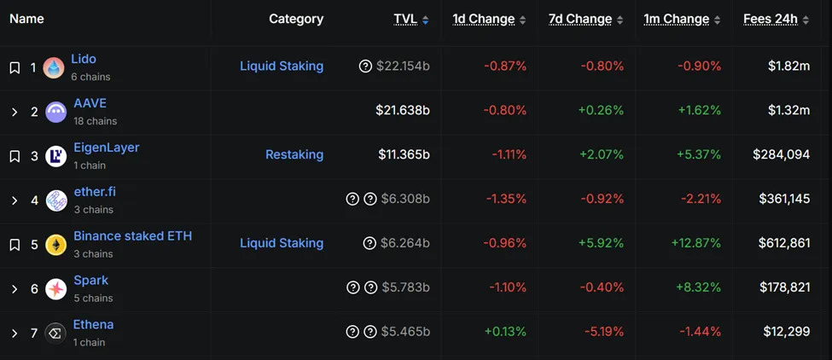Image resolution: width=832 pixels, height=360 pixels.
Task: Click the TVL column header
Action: click(x=405, y=19)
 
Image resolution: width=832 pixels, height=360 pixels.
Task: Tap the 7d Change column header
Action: click(x=580, y=19)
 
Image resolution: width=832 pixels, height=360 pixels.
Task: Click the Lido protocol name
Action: click(x=84, y=59)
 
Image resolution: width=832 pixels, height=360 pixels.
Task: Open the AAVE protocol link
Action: click(x=90, y=103)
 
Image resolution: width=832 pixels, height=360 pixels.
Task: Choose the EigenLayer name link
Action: click(x=106, y=148)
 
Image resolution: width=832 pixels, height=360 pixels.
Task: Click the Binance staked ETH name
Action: click(x=132, y=236)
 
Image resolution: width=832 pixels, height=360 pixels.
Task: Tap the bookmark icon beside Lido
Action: click(x=15, y=67)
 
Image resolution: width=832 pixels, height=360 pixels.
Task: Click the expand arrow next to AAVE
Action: click(x=15, y=112)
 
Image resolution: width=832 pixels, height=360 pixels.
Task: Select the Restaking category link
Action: click(x=294, y=154)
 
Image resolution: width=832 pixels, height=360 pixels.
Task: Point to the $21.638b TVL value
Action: click(x=403, y=110)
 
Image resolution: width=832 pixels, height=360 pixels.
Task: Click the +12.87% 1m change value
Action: click(x=696, y=243)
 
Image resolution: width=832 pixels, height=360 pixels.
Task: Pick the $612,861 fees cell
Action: click(x=784, y=243)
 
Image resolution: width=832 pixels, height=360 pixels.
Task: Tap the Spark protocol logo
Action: click(x=56, y=289)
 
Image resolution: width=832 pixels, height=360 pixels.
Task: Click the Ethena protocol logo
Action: click(x=56, y=334)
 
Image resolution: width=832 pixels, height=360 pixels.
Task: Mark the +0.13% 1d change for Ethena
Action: click(x=505, y=332)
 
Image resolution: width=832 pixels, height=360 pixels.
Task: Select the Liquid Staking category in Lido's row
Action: click(x=282, y=66)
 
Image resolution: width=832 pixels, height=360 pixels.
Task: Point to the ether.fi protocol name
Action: click(x=95, y=192)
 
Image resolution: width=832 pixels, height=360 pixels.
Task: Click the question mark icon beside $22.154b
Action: click(x=366, y=67)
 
